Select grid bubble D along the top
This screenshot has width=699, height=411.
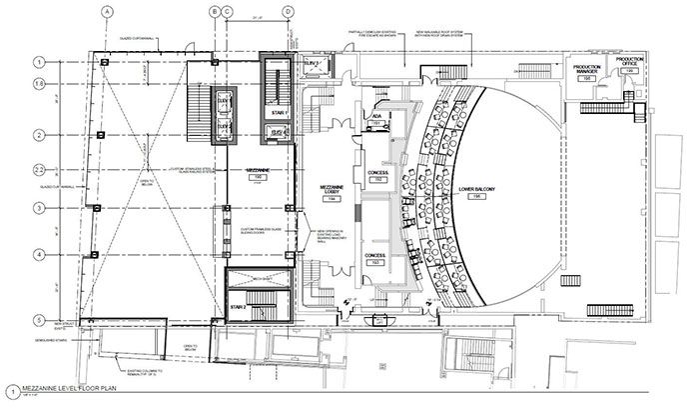click(288, 11)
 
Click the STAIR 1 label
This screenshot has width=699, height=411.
click(279, 113)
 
